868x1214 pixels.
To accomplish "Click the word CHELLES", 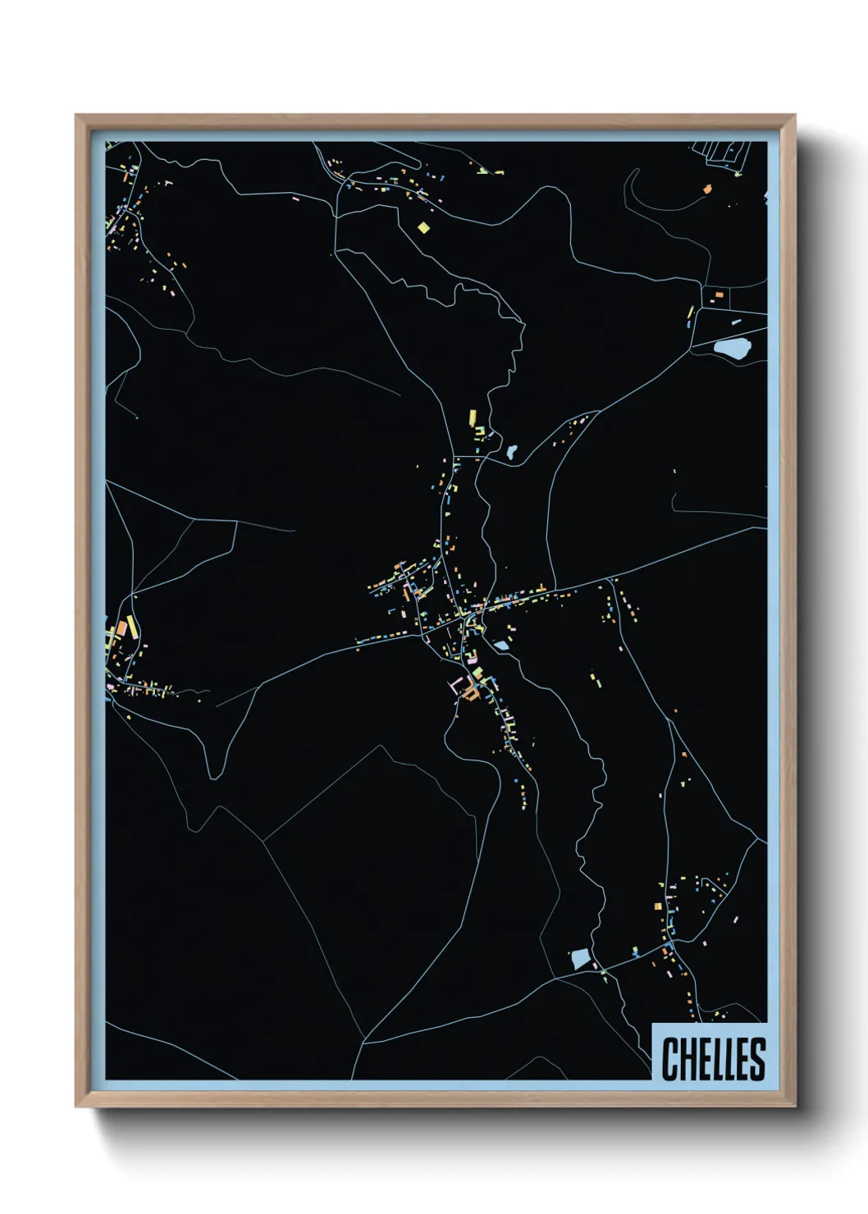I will coord(712,1058).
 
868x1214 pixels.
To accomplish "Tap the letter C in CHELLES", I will coord(669,1058).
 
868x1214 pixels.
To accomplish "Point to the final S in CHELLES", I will coord(756,1058).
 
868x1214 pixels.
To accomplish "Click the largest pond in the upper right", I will coord(732,349).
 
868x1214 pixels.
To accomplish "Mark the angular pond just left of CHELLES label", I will coord(581,958).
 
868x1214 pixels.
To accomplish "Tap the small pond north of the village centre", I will coord(512,451).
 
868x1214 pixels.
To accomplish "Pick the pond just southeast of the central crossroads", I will coord(500,646).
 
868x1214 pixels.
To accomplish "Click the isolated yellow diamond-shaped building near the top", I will coord(423,227).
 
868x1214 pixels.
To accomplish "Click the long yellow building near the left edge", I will coord(131,627).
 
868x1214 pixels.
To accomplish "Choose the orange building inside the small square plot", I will coord(719,294).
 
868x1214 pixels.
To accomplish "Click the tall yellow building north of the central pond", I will coord(473,418).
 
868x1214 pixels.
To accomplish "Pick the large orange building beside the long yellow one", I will coord(121,630).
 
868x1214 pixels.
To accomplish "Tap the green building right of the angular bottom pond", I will coord(635,951).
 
